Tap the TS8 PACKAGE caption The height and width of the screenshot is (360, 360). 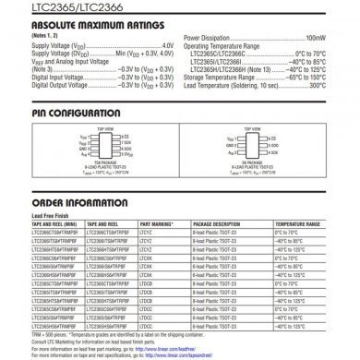click(x=102, y=163)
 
